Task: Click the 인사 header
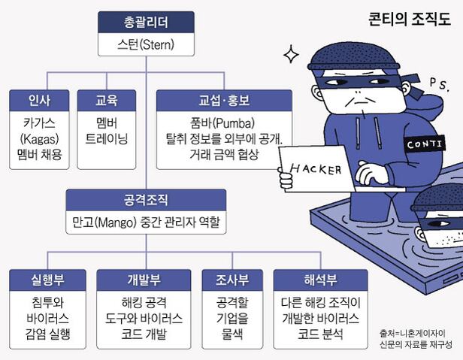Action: (38, 98)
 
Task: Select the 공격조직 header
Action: (146, 201)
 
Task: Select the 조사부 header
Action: (232, 280)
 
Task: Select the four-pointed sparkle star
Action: (290, 54)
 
